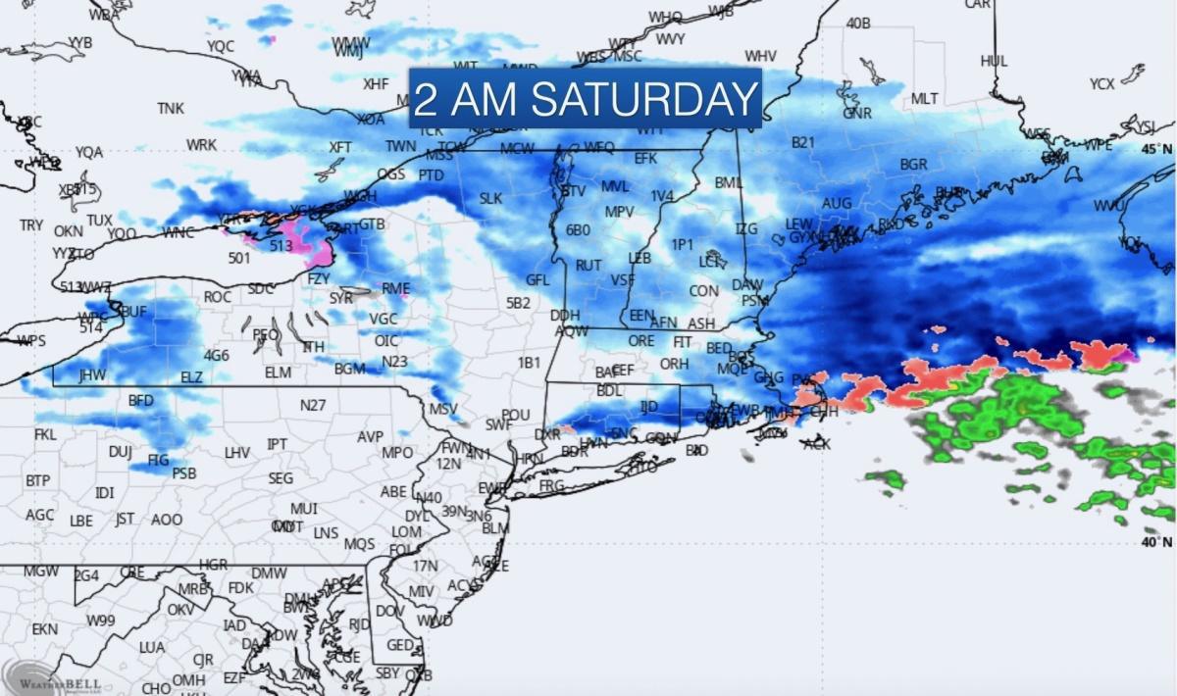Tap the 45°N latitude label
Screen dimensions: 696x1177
[x=1155, y=148]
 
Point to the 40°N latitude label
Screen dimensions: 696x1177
[x=1155, y=541]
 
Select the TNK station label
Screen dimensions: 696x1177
[x=171, y=108]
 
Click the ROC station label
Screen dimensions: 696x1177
[x=218, y=296]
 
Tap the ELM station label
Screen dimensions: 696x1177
[x=278, y=373]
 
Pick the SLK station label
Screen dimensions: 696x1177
[x=490, y=198]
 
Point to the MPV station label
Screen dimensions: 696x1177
[x=619, y=212]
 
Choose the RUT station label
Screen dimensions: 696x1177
[x=588, y=265]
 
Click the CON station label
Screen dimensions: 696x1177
[x=703, y=291]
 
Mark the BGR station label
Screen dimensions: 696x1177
[x=913, y=164]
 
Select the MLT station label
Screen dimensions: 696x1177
[x=924, y=99]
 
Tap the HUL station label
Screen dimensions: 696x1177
[x=994, y=61]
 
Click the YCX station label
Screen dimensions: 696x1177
[x=1101, y=84]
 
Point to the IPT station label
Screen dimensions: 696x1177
[x=278, y=444]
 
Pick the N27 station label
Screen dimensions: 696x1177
[x=313, y=405]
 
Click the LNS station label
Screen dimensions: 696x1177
[x=326, y=532]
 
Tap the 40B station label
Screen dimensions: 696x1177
[x=858, y=23]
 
